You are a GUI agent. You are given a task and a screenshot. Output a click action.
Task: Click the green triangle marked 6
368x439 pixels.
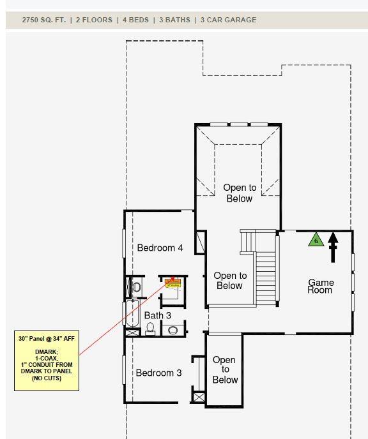click(315, 240)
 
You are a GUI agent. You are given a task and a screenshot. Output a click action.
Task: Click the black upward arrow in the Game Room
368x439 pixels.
click(332, 248)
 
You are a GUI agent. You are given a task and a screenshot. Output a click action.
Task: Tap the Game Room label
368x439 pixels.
click(320, 286)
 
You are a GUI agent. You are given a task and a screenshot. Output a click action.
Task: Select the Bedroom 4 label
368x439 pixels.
click(160, 248)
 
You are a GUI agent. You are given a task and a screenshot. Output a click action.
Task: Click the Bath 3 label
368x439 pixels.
click(157, 315)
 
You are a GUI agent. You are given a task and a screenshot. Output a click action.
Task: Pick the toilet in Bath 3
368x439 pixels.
click(150, 328)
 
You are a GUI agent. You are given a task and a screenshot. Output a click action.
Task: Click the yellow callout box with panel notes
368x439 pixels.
click(46, 361)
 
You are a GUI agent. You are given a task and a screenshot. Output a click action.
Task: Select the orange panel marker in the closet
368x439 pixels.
click(172, 281)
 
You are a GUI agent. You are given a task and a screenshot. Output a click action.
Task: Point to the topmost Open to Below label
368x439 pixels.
click(239, 193)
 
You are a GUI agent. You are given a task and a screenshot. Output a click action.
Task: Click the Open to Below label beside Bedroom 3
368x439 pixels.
click(225, 369)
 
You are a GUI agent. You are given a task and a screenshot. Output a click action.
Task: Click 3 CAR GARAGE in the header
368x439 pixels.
click(228, 20)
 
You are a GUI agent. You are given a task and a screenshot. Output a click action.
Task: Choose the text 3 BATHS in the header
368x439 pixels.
click(174, 20)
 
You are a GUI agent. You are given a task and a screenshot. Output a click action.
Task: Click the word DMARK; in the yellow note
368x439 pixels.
click(46, 352)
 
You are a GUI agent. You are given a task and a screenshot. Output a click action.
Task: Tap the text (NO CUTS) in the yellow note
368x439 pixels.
click(46, 378)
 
